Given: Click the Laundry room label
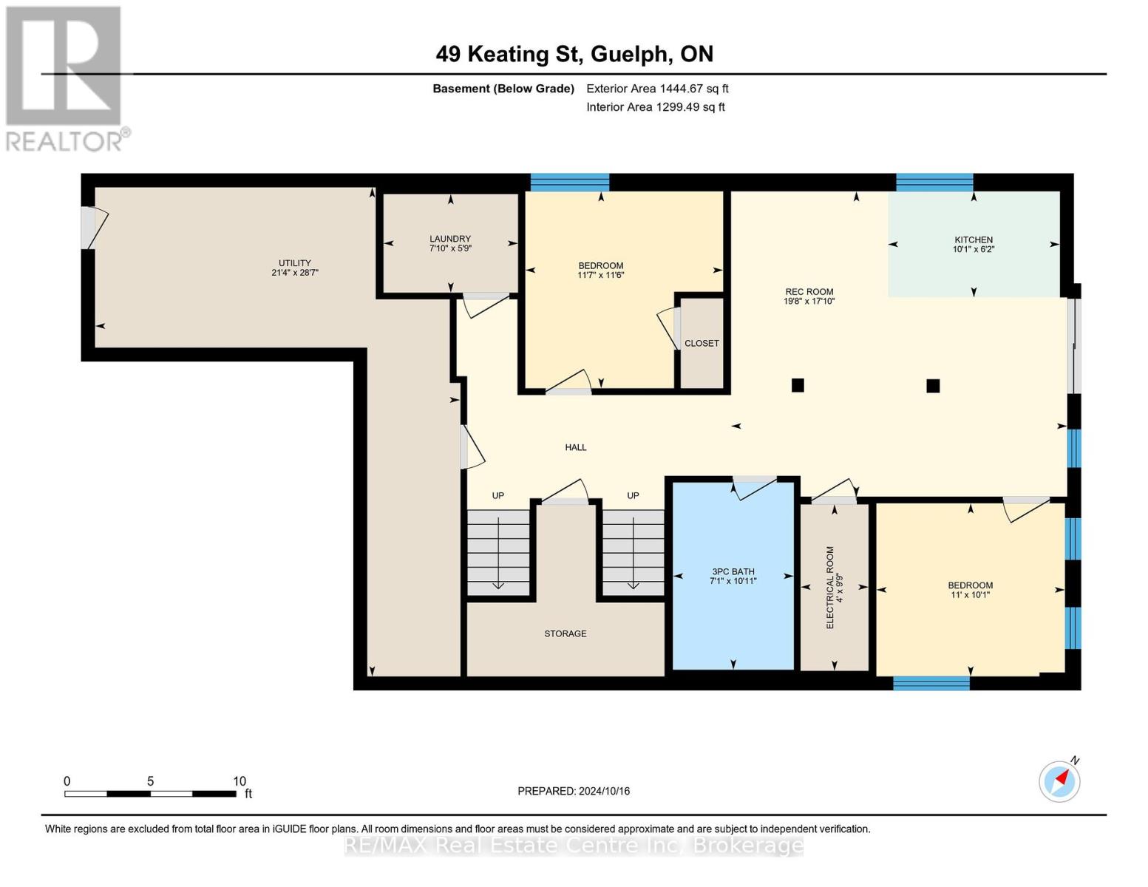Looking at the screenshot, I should click(x=450, y=239).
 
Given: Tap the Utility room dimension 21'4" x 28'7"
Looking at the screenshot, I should click(x=294, y=273).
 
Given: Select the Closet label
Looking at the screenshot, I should click(x=702, y=344).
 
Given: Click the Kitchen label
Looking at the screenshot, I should click(x=973, y=239).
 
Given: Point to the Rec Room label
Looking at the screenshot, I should click(x=809, y=292).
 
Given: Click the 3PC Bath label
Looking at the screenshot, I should click(x=733, y=571).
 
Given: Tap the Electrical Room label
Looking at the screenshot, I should click(x=829, y=588).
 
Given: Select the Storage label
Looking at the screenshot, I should click(x=565, y=633).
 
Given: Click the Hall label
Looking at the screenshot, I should click(x=575, y=447).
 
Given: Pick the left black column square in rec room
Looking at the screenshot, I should click(x=798, y=385).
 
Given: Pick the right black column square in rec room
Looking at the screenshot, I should click(x=933, y=386).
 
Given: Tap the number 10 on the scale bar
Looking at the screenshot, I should click(x=239, y=781).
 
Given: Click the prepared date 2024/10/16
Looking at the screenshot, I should click(x=604, y=791).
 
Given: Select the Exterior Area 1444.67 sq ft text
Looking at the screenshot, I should click(x=657, y=89).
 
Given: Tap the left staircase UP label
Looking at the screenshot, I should click(x=497, y=495).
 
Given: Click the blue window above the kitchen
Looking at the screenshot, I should click(x=934, y=183).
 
